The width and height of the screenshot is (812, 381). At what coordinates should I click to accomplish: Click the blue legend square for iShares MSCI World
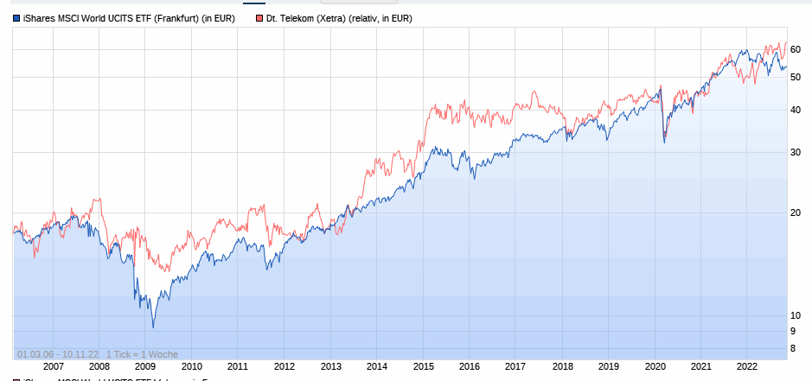[16, 17]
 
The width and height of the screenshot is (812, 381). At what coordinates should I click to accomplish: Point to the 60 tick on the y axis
[795, 49]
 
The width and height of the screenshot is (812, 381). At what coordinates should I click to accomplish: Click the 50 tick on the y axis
[795, 77]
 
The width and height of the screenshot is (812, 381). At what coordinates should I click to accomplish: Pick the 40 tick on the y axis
[795, 110]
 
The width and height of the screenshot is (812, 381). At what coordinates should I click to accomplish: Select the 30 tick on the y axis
[795, 153]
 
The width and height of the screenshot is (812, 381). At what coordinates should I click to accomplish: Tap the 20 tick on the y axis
[795, 213]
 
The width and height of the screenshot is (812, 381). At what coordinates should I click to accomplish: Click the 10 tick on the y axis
[795, 314]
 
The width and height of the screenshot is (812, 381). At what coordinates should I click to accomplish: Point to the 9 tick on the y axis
[792, 331]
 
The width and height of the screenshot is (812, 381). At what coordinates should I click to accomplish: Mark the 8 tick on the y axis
[792, 348]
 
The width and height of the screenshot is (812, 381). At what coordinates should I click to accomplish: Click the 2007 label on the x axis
[54, 366]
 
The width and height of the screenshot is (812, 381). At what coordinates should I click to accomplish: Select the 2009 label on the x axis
[145, 366]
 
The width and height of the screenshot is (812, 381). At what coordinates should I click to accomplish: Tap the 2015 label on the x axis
[423, 366]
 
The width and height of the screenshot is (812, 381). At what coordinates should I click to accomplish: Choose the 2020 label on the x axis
[655, 366]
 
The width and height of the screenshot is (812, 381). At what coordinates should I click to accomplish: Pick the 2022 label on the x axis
[747, 366]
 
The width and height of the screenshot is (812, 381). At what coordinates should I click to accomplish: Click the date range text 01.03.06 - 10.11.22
[56, 354]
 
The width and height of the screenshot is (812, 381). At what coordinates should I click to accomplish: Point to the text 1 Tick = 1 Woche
[142, 354]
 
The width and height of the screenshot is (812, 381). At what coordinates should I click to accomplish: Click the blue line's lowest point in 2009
[153, 327]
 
